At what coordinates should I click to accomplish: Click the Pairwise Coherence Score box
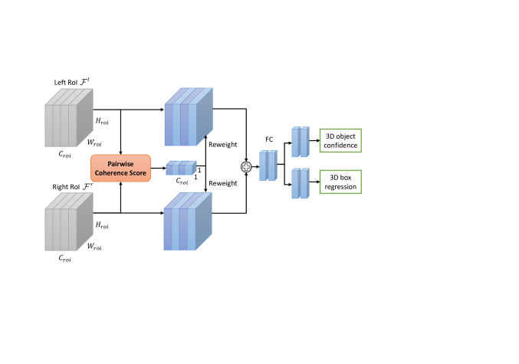point(120,168)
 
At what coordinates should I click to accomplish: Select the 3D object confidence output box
point(340,140)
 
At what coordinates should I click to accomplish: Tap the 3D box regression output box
point(340,182)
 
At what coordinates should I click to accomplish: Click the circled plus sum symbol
point(246,166)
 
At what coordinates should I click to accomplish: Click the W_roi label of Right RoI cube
point(94,247)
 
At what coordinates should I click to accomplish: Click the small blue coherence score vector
point(181,168)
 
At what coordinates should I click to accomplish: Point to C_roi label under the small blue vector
point(182,182)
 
